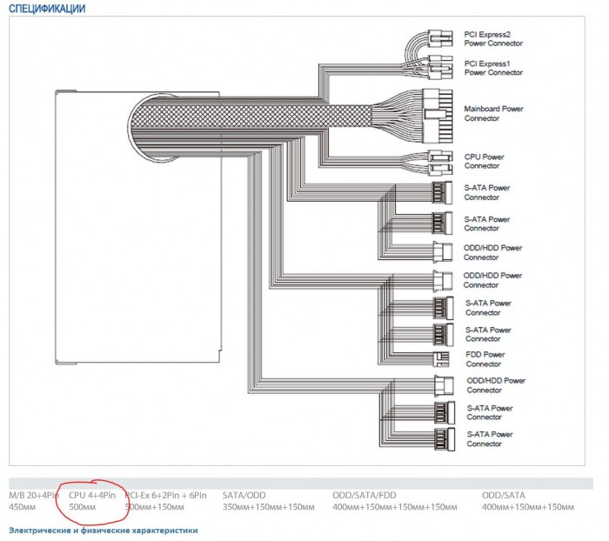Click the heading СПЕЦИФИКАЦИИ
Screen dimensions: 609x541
(x=47, y=9)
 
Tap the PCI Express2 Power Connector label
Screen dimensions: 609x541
(x=493, y=39)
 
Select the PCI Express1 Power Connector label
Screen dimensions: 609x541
(x=493, y=68)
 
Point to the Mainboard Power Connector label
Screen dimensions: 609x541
(x=493, y=113)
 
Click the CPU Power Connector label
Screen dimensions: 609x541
(x=484, y=161)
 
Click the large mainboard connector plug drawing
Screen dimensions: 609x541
(x=438, y=117)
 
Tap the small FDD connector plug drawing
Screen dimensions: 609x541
(x=441, y=359)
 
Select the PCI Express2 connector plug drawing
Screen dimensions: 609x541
(x=440, y=38)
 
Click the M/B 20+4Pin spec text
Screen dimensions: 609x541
(x=34, y=495)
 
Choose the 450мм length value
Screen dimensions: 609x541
(x=22, y=507)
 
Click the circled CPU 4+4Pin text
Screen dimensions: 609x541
(x=92, y=495)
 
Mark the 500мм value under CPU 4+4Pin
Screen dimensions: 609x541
(x=82, y=507)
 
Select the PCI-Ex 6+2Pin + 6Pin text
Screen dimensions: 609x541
(x=166, y=495)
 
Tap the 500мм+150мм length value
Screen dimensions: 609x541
(x=154, y=507)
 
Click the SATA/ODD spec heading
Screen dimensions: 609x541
(x=244, y=495)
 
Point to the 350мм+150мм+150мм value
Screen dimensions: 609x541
(x=268, y=507)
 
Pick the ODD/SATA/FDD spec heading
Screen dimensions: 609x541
(x=365, y=495)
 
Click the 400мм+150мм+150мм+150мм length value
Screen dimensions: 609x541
(x=395, y=507)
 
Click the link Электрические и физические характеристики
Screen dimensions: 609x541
(x=104, y=530)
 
